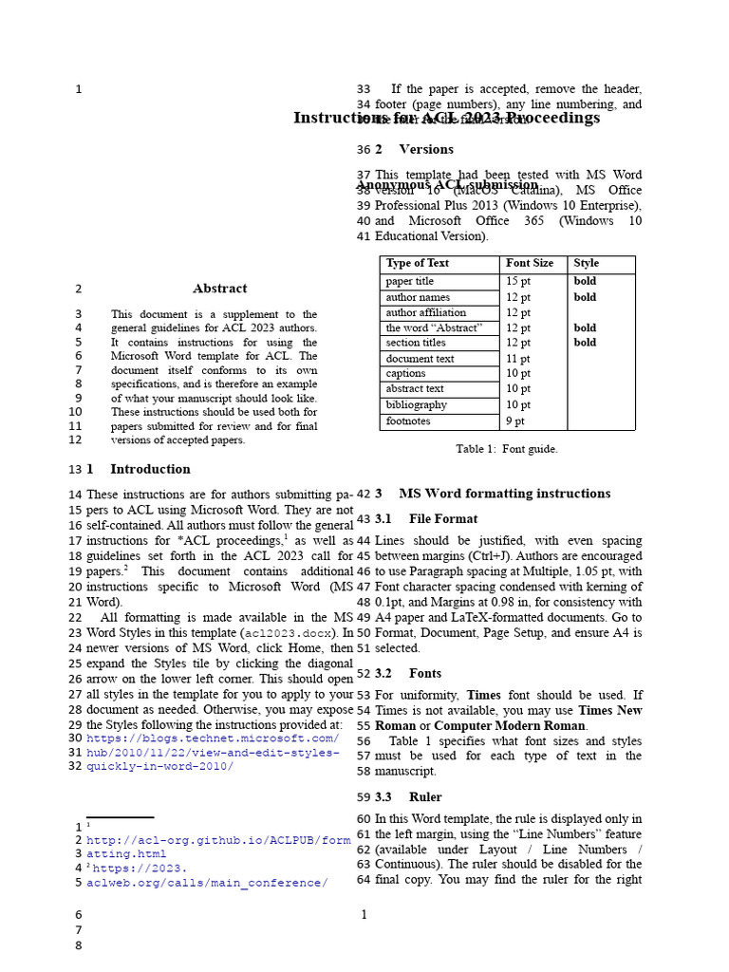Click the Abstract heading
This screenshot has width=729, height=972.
219,289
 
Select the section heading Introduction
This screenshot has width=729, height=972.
150,469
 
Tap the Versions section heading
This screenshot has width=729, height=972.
426,149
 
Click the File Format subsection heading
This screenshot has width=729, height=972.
443,519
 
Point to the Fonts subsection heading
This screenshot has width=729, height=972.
425,673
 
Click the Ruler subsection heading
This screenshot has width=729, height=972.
425,797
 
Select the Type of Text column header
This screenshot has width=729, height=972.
418,264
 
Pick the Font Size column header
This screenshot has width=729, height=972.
530,264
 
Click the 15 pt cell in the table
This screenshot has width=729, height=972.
518,282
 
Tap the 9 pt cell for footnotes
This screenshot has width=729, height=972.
515,421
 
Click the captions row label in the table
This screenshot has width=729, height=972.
406,374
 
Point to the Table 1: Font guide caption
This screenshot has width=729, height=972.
507,449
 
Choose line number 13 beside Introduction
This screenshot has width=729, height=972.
75,470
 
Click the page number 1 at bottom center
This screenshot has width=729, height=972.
364,915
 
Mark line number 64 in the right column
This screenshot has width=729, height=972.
364,880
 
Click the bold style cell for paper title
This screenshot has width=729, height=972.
585,282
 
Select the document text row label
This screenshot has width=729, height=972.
420,359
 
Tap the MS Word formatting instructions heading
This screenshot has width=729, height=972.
504,494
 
